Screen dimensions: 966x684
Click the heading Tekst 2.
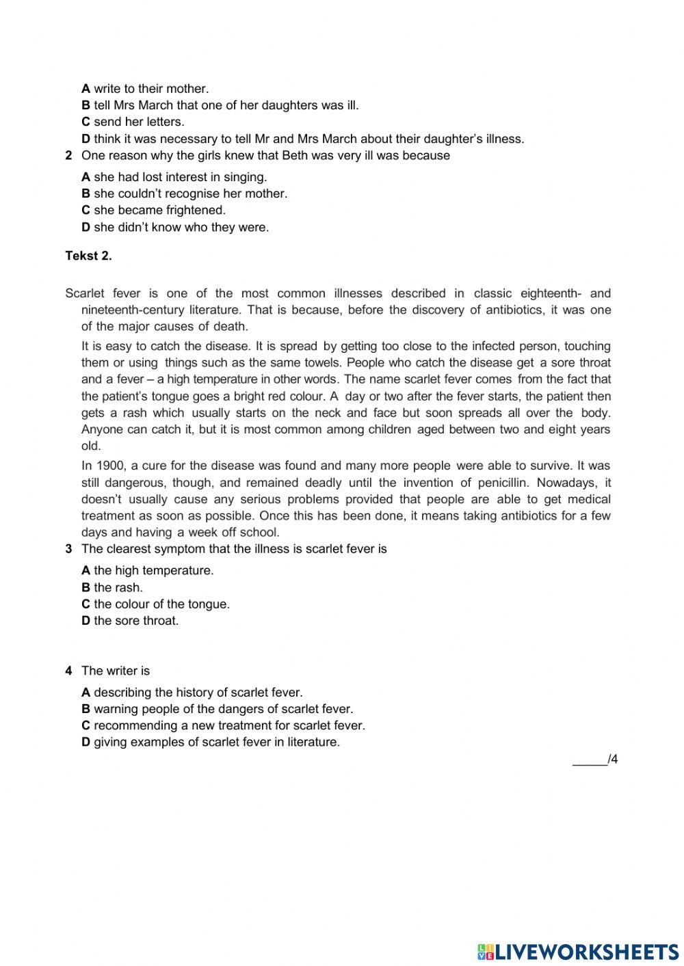tap(88, 256)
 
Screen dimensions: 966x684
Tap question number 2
tap(68, 156)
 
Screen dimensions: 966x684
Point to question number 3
tap(68, 549)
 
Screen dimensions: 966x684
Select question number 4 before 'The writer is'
tap(68, 671)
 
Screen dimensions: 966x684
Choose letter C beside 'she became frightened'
tap(85, 211)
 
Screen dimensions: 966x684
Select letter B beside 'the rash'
tap(85, 587)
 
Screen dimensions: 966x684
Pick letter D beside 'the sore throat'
tap(85, 621)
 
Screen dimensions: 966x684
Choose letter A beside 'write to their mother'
tap(85, 89)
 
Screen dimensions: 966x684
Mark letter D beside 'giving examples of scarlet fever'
tap(85, 742)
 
